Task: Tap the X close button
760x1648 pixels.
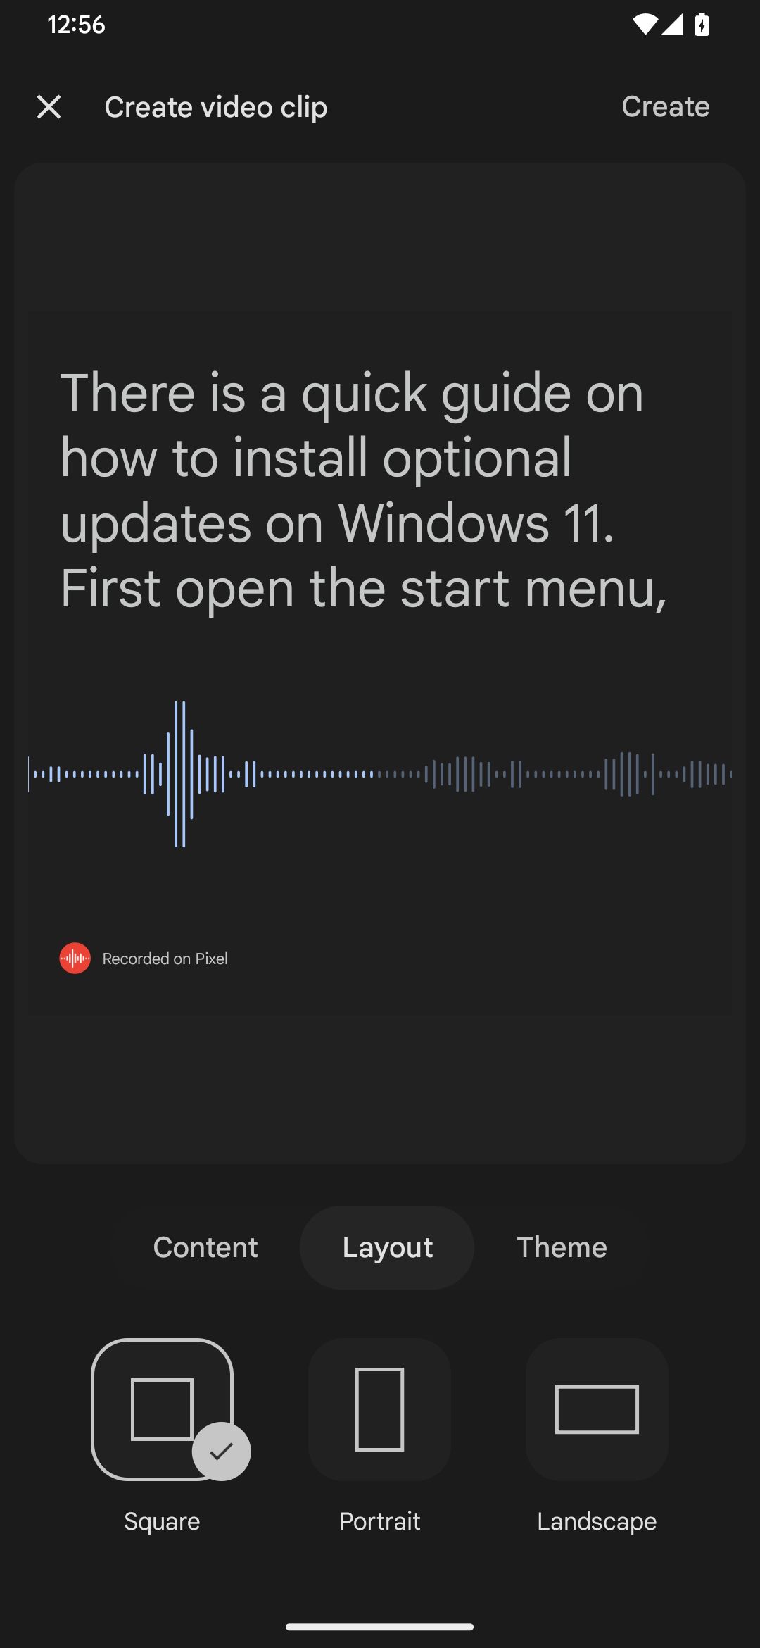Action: pos(49,107)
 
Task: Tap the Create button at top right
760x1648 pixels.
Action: pos(665,107)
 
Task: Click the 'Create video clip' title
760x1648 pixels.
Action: pos(215,107)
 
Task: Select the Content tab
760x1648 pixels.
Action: pos(205,1247)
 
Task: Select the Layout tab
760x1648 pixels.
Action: pos(387,1247)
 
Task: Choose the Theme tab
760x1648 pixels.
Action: pos(562,1247)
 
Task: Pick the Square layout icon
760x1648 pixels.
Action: pos(162,1409)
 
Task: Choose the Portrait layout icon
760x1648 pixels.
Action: pos(380,1409)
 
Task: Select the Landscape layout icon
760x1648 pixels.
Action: pos(597,1409)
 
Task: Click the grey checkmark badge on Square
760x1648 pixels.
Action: pos(222,1451)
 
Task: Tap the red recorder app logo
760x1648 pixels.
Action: pos(75,959)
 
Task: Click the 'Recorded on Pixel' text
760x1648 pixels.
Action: pos(165,959)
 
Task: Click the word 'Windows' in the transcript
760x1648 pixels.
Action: pos(443,523)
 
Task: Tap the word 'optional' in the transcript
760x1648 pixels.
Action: pos(476,458)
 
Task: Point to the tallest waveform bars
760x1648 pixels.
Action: pos(180,773)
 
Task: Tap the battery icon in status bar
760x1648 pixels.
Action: pos(702,25)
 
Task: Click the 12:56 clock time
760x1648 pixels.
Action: pos(76,25)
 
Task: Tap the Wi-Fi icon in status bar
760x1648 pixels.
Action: pos(644,25)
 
